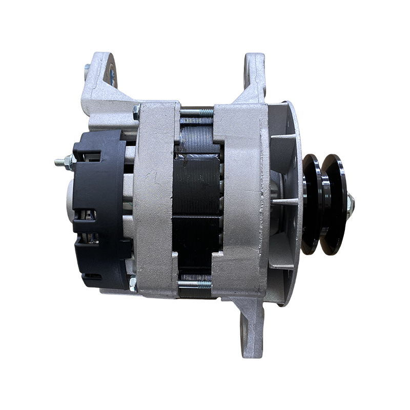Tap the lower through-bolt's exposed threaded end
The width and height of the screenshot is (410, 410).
click(x=203, y=283)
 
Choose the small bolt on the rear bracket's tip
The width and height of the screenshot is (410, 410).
click(x=87, y=67)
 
